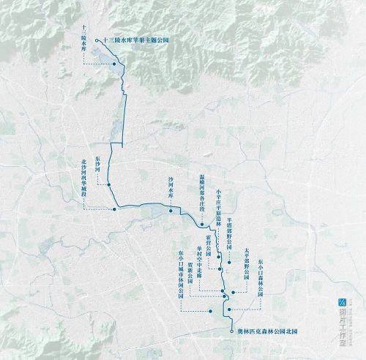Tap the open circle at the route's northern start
point(97,31)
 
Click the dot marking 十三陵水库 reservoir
point(114,66)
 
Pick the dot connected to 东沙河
point(108,186)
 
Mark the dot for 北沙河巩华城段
point(115,209)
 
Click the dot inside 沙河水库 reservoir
point(171,211)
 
